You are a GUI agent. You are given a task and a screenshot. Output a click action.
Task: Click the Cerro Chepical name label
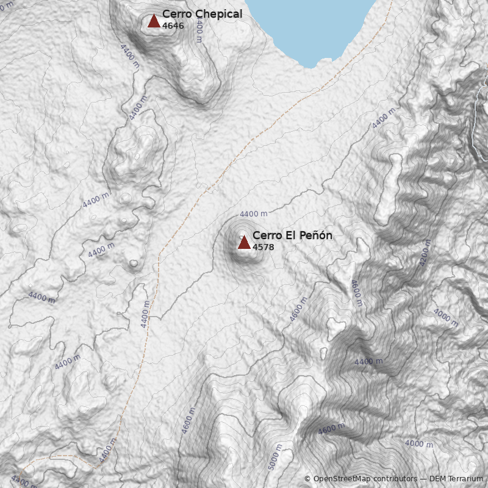[202, 14]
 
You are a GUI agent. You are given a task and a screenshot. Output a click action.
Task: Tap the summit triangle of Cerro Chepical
[154, 21]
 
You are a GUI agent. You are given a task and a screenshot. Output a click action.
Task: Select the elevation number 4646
[173, 26]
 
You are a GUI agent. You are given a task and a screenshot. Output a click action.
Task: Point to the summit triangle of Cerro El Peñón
[244, 243]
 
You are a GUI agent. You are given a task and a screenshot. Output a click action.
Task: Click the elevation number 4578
[264, 247]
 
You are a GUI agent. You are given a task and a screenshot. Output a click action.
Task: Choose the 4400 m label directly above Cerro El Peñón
[253, 214]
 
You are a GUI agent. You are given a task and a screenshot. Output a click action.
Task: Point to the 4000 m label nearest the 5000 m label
[419, 444]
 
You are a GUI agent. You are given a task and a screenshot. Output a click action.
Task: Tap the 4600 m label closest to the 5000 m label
[331, 429]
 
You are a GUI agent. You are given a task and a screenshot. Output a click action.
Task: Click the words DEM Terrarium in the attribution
[456, 479]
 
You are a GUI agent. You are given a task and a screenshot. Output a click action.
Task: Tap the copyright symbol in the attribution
[307, 479]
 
